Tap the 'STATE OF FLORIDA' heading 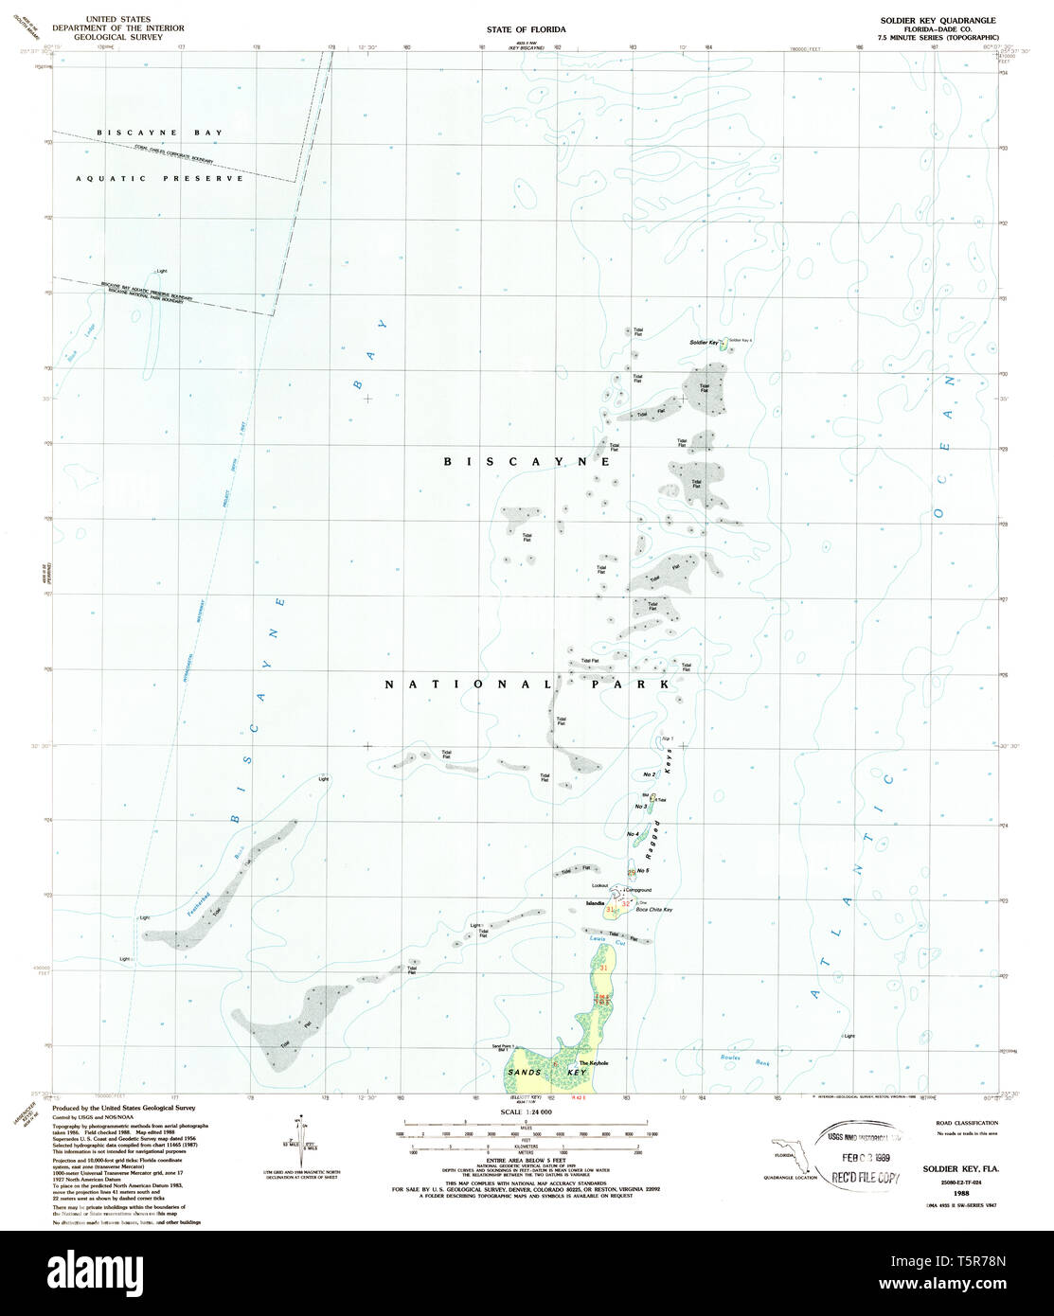(527, 29)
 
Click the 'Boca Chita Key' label (654, 910)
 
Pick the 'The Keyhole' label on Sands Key (593, 1062)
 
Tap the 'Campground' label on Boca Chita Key (638, 890)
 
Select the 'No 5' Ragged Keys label (642, 871)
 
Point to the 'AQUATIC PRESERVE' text (160, 178)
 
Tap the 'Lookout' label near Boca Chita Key (598, 885)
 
